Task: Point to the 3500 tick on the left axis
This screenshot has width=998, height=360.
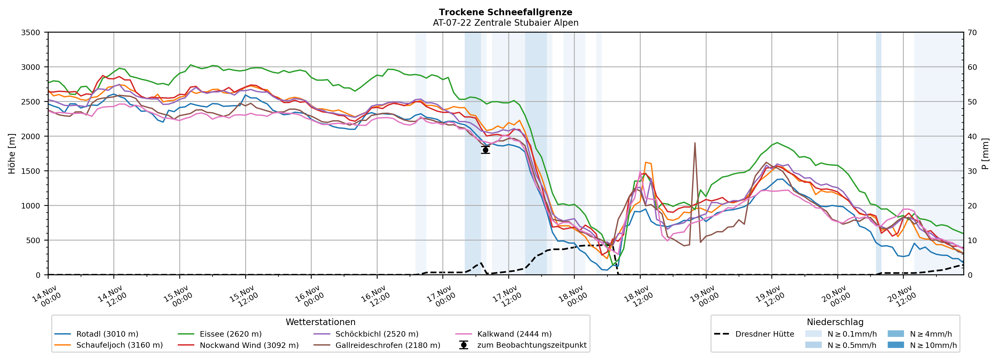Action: pos(31,33)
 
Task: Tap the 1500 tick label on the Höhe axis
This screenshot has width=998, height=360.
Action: pos(31,171)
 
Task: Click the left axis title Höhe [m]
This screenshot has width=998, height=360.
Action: pos(12,153)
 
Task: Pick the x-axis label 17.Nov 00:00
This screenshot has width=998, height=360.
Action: pos(441,296)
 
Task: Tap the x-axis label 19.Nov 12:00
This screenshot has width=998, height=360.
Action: pos(769,296)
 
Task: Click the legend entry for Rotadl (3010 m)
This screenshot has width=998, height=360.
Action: pos(107,334)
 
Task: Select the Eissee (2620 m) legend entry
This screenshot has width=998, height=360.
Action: pos(231,334)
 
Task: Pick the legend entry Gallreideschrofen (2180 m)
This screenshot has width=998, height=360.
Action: pos(388,345)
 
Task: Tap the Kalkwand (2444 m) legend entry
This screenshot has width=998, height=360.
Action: pos(514,334)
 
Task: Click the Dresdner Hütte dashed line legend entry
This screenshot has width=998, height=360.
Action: pos(764,334)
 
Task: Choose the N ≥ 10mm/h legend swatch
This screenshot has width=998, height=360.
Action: pos(895,345)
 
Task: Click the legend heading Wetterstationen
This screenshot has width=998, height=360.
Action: pos(320,322)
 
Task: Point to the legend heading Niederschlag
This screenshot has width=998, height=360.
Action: pos(835,322)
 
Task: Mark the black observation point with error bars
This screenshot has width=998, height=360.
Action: pos(485,150)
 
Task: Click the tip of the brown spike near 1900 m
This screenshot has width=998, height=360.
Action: pos(695,143)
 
